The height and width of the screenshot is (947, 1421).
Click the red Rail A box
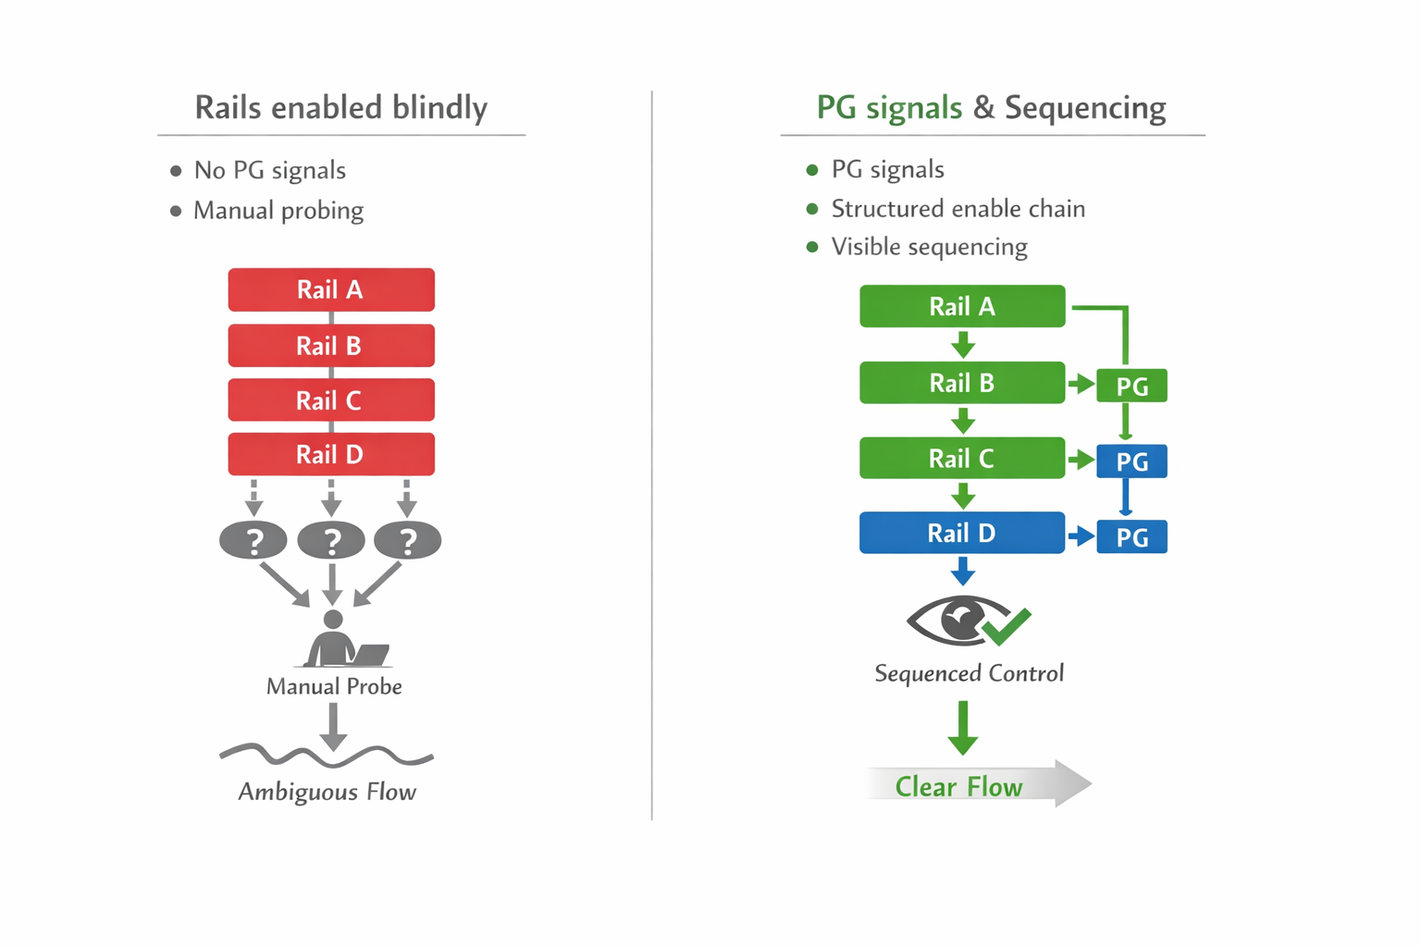tap(331, 289)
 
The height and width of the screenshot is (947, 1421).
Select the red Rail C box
tap(331, 400)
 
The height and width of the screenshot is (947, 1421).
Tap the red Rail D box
tap(331, 454)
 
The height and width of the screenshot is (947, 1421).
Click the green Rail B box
tap(962, 383)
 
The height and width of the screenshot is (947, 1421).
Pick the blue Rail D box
tap(962, 533)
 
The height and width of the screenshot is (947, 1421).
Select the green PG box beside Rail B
tap(1131, 386)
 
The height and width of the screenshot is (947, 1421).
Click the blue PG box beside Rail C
tap(1131, 461)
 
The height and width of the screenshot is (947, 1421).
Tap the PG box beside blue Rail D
tap(1131, 537)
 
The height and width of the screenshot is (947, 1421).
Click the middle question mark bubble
tap(331, 540)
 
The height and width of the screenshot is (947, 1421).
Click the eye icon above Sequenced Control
tap(957, 620)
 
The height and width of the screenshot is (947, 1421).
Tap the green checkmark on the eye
tap(1007, 626)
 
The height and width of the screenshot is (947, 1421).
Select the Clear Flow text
tap(958, 786)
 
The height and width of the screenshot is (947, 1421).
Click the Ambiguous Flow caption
tap(327, 792)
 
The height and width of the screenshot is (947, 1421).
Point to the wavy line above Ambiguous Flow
tap(326, 756)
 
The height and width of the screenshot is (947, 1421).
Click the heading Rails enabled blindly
tap(340, 107)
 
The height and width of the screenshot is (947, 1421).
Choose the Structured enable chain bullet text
tap(958, 209)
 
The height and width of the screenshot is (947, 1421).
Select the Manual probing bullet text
tap(278, 211)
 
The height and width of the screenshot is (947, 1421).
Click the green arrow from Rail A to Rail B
tap(963, 345)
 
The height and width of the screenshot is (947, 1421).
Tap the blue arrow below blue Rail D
tap(963, 571)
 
